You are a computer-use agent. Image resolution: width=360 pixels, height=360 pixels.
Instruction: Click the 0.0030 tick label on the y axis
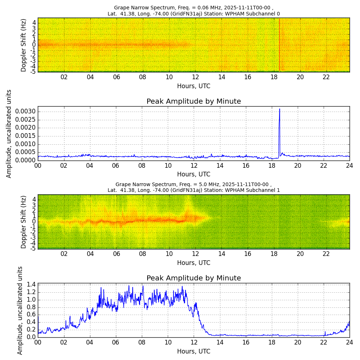(25, 111)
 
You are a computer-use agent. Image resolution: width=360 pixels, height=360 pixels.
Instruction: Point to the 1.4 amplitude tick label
(31, 284)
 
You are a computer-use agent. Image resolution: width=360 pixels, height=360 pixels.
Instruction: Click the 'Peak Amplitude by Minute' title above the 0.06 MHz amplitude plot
(194, 102)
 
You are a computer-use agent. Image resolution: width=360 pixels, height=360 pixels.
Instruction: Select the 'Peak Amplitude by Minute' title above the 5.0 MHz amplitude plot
(194, 278)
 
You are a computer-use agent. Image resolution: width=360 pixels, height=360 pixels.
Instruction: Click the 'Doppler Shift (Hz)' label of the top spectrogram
(24, 45)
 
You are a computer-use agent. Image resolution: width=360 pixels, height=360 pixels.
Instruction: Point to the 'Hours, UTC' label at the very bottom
(194, 351)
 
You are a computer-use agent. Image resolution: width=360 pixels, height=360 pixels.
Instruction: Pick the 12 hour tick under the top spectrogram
(195, 77)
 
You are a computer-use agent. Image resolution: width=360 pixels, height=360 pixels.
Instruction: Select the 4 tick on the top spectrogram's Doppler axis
(34, 22)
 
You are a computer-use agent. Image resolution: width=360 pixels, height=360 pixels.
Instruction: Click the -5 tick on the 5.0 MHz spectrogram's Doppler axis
(32, 248)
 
